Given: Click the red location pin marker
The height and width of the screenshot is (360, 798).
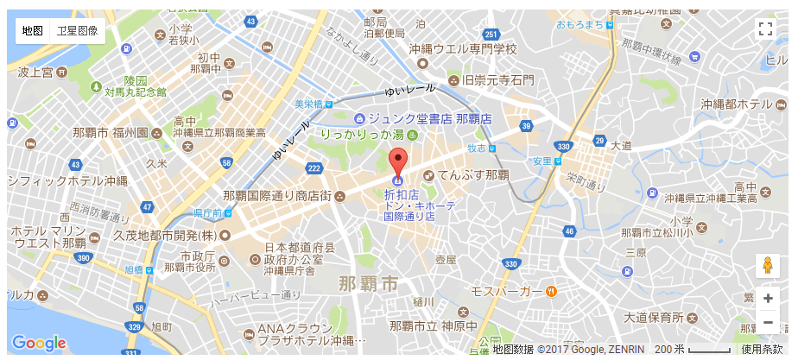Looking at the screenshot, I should click(x=397, y=163).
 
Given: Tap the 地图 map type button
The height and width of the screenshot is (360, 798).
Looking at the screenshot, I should click(x=33, y=30).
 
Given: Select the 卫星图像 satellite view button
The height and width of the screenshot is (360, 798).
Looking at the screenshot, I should click(x=77, y=30).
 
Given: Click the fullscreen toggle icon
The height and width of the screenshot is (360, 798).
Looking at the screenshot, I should click(x=764, y=28).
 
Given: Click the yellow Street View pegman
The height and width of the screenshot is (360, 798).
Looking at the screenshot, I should click(x=767, y=266).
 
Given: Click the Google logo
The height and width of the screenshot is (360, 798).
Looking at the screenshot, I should click(x=39, y=343).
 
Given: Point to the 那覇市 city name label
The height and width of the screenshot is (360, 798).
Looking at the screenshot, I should click(x=369, y=283).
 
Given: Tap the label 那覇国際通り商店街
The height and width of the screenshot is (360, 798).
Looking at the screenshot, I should click(x=277, y=196).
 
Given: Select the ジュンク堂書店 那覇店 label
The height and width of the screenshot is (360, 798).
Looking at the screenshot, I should click(x=429, y=117).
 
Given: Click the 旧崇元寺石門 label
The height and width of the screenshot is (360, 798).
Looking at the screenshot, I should click(x=497, y=80).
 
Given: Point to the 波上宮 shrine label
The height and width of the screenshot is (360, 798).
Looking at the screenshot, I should click(x=35, y=71).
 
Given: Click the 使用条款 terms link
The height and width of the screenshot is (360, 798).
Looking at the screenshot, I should click(x=763, y=349).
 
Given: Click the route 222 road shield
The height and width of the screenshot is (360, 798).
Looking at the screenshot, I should click(x=313, y=167).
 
